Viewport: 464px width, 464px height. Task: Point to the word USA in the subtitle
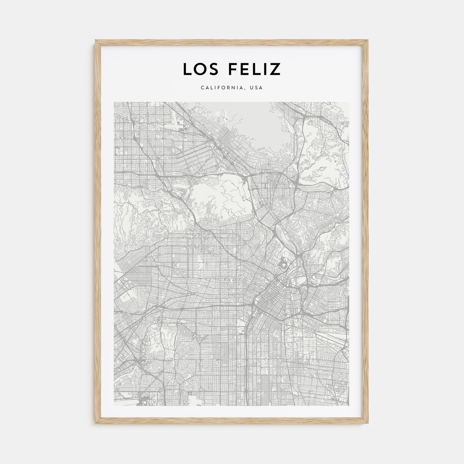(x=257, y=88)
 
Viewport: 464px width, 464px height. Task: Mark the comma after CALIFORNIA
(x=246, y=89)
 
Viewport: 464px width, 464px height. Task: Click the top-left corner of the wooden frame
(x=95, y=40)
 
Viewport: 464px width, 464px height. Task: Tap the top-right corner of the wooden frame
(x=369, y=40)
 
